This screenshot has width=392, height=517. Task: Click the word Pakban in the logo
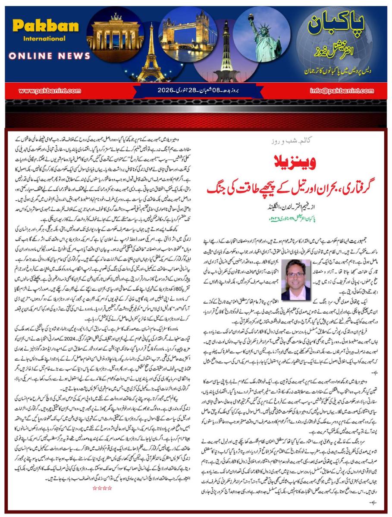pyautogui.click(x=39, y=26)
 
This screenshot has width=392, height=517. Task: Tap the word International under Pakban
pyautogui.click(x=39, y=39)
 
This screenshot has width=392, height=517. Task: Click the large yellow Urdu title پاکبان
pyautogui.click(x=336, y=27)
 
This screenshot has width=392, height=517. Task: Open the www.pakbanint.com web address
pyautogui.click(x=50, y=90)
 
